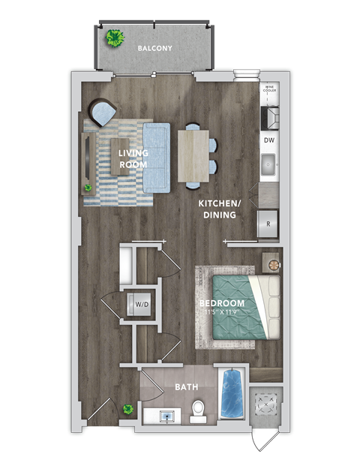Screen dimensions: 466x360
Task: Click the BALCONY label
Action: pyautogui.click(x=155, y=49)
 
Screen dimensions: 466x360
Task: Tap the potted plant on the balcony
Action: pyautogui.click(x=115, y=38)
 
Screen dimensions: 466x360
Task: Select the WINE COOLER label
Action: pyautogui.click(x=269, y=90)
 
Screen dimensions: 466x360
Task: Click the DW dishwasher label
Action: pyautogui.click(x=269, y=140)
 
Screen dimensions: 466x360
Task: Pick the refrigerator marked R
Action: pyautogui.click(x=268, y=224)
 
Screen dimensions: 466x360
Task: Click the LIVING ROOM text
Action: pyautogui.click(x=133, y=158)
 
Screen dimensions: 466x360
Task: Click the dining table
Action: pyautogui.click(x=193, y=155)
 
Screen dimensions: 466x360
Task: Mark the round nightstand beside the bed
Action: pyautogui.click(x=272, y=263)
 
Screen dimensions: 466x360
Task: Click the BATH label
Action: pyautogui.click(x=186, y=387)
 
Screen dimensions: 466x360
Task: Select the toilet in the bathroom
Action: pyautogui.click(x=199, y=410)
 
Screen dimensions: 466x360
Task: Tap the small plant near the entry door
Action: pyautogui.click(x=128, y=410)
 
